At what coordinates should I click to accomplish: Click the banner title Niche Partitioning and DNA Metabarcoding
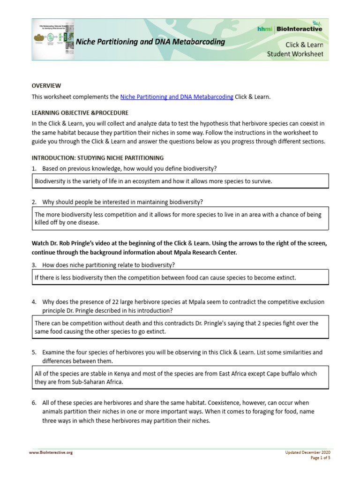pyautogui.click(x=150, y=42)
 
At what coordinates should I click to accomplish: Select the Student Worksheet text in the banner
pyautogui.click(x=295, y=54)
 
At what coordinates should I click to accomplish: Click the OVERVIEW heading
pyautogui.click(x=46, y=86)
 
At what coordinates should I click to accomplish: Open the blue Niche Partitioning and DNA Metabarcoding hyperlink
pyautogui.click(x=177, y=97)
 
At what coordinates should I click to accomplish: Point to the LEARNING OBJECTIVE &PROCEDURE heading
pyautogui.click(x=80, y=113)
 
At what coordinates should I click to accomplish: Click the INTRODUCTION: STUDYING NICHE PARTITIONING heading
pyautogui.click(x=97, y=158)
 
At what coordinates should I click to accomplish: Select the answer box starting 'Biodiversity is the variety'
pyautogui.click(x=180, y=181)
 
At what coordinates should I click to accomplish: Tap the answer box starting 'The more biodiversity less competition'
pyautogui.click(x=180, y=218)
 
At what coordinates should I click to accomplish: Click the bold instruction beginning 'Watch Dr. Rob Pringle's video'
pyautogui.click(x=180, y=248)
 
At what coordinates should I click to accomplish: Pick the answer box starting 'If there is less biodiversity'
pyautogui.click(x=180, y=277)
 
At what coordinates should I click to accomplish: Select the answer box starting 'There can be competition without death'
pyautogui.click(x=180, y=327)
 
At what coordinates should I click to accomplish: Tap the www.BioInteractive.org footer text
pyautogui.click(x=51, y=452)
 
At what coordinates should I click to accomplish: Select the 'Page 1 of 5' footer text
pyautogui.click(x=320, y=458)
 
